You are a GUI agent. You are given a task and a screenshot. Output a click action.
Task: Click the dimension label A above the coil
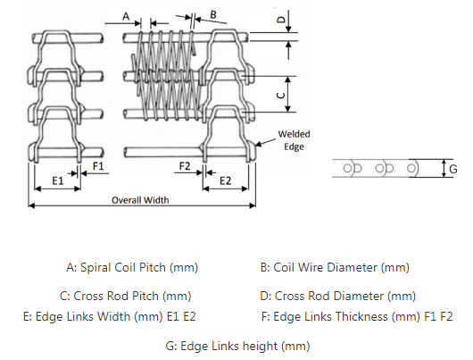tap(126, 16)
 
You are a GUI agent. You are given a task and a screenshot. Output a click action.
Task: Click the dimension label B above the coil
tap(212, 14)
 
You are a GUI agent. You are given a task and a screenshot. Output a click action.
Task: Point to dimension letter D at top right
tap(279, 18)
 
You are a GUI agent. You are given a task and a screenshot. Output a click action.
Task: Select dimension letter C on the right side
tap(279, 93)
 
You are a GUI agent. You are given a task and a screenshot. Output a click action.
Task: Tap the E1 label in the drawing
tap(56, 180)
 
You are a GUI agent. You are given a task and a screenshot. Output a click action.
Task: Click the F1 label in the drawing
tap(99, 166)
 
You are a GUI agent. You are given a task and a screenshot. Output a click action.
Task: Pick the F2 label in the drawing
tap(184, 166)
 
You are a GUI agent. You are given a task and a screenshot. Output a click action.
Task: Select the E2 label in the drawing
tap(225, 180)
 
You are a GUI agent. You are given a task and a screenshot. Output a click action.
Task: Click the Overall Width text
tap(140, 200)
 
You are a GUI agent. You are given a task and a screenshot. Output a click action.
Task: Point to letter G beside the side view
tap(453, 167)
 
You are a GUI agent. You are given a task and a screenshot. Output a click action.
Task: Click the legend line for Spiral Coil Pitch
tap(132, 267)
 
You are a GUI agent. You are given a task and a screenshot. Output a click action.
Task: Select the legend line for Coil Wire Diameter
tap(335, 267)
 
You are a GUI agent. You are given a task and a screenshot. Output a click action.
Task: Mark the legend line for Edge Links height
tap(237, 345)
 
